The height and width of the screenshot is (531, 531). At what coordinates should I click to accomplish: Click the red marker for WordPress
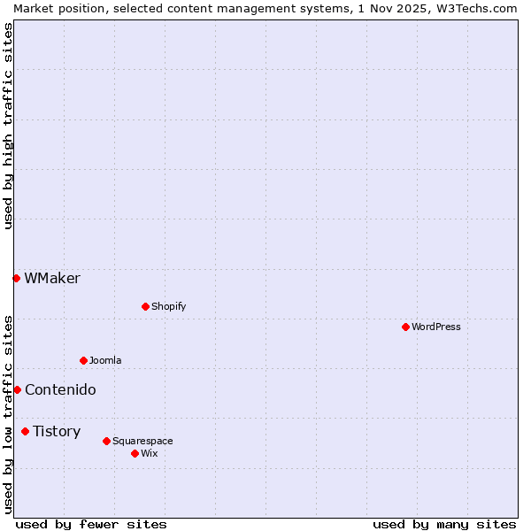click(x=405, y=327)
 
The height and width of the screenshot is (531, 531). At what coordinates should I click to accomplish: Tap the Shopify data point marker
click(x=145, y=306)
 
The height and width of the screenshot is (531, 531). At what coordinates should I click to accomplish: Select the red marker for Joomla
click(x=83, y=360)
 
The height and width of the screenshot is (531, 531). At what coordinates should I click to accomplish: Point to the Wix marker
click(x=135, y=453)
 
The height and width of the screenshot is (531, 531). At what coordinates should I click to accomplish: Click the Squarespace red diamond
click(x=106, y=441)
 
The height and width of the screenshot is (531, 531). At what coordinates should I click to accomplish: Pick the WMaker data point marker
click(x=16, y=278)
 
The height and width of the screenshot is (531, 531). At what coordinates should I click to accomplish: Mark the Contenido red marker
click(x=17, y=389)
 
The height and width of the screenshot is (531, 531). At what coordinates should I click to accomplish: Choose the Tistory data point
click(x=25, y=431)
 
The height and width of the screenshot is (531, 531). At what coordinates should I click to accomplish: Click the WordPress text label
click(x=436, y=327)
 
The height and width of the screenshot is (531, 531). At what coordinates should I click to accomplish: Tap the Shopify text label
click(x=169, y=306)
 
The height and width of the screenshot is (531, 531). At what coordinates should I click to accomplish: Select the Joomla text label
click(x=105, y=360)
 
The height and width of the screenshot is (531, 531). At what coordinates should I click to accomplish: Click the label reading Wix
click(x=150, y=453)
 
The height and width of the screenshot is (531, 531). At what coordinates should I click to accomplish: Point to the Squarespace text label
click(x=142, y=441)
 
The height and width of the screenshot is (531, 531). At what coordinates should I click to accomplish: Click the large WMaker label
click(x=52, y=278)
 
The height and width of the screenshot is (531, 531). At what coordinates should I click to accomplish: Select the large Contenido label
click(x=60, y=389)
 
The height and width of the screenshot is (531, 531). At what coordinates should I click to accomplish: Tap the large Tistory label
click(x=57, y=431)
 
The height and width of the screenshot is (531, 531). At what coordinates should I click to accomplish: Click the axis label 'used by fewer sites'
click(x=91, y=524)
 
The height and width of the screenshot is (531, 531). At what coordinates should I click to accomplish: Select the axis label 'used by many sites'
click(x=444, y=524)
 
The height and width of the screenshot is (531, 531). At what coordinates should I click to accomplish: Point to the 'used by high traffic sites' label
click(x=8, y=126)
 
